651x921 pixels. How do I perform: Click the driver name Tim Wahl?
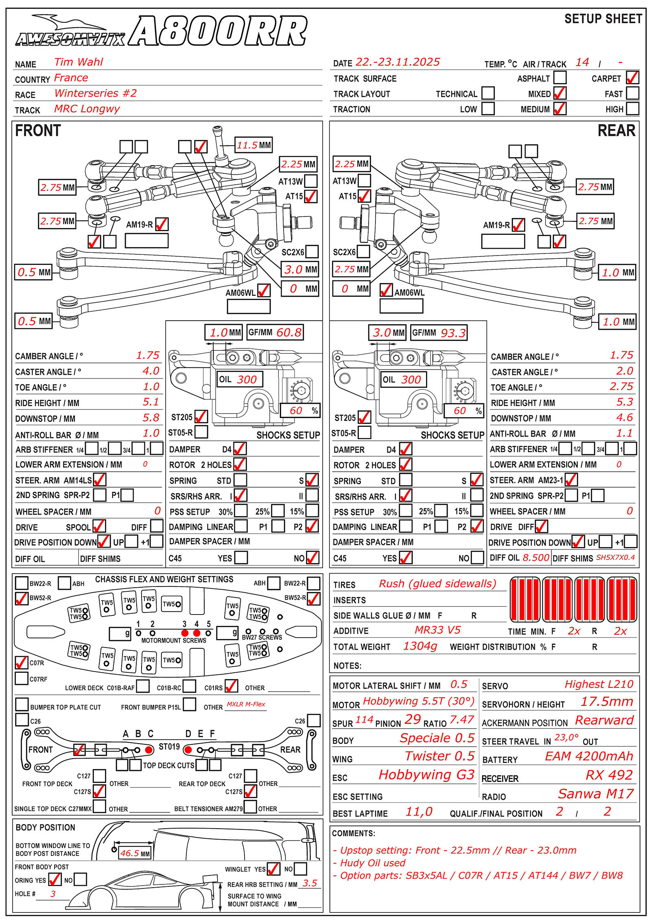coord(79,62)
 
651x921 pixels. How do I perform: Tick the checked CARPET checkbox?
coord(632,77)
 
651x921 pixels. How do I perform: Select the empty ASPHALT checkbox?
coord(560,77)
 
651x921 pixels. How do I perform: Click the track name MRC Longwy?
coord(87,109)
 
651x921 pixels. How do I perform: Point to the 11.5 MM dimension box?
coord(254,145)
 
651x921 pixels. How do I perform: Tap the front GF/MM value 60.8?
coord(289,333)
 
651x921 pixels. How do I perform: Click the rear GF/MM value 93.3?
coord(453,333)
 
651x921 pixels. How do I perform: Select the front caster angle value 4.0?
coord(151,371)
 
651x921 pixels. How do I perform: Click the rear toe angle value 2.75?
coord(621,387)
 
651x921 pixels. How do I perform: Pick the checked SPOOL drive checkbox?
coord(99,526)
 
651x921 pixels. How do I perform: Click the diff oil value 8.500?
coord(536,558)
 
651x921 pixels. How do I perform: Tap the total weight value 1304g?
coord(420,646)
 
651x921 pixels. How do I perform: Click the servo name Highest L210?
coord(599,685)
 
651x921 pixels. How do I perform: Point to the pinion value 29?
coord(413,720)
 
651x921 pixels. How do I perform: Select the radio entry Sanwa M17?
coord(596,794)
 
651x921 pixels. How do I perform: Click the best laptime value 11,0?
coord(419,812)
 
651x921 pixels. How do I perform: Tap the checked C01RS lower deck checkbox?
coord(231,686)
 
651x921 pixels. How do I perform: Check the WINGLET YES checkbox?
coord(273,869)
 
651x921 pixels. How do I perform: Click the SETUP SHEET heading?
coord(603,19)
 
